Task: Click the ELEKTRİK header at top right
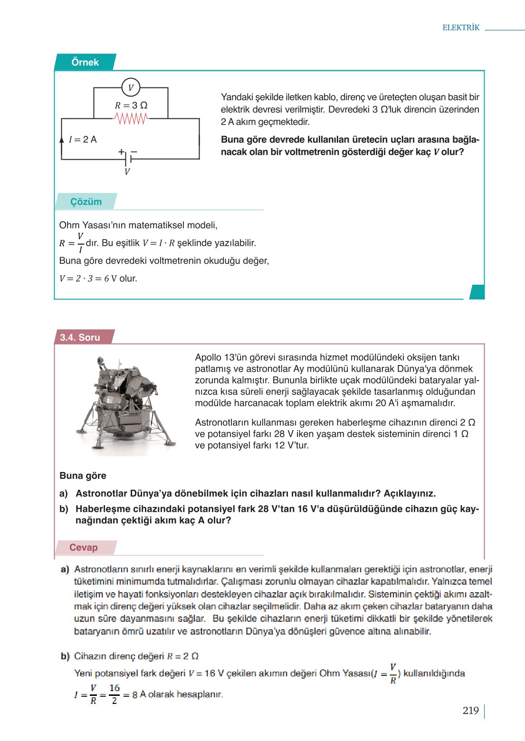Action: [x=460, y=28]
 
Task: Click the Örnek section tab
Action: [x=85, y=62]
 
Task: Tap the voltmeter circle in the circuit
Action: [x=131, y=87]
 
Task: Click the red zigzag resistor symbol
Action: [x=131, y=118]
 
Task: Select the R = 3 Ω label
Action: [x=131, y=105]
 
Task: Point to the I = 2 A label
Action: [x=83, y=139]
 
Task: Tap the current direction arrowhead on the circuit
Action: [x=62, y=140]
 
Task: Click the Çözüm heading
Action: [x=86, y=202]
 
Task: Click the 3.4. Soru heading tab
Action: [x=80, y=337]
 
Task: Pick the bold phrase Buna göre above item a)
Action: [x=83, y=476]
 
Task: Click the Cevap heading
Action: [x=84, y=548]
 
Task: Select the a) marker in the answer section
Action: [x=65, y=569]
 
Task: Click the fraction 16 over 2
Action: [x=114, y=694]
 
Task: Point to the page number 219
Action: [x=470, y=711]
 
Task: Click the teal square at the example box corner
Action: [x=477, y=292]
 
